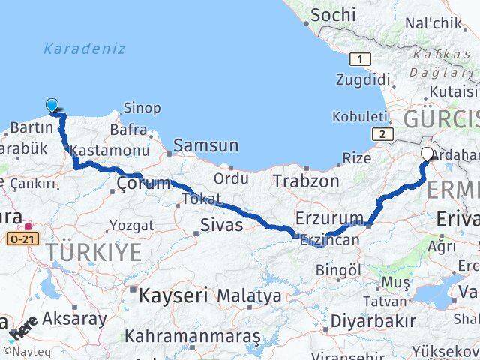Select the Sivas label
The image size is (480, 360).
point(221,224)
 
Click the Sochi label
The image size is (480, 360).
point(333,14)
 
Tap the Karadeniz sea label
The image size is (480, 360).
point(84,49)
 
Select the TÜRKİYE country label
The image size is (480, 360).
point(93,253)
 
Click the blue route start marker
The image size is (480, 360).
point(52,106)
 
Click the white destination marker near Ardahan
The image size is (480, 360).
point(427,154)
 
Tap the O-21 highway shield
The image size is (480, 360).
point(22,238)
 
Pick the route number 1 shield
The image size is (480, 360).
point(361,59)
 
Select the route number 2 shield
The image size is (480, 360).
point(382,133)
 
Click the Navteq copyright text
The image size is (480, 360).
point(23,350)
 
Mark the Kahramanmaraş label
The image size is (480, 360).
point(193,335)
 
